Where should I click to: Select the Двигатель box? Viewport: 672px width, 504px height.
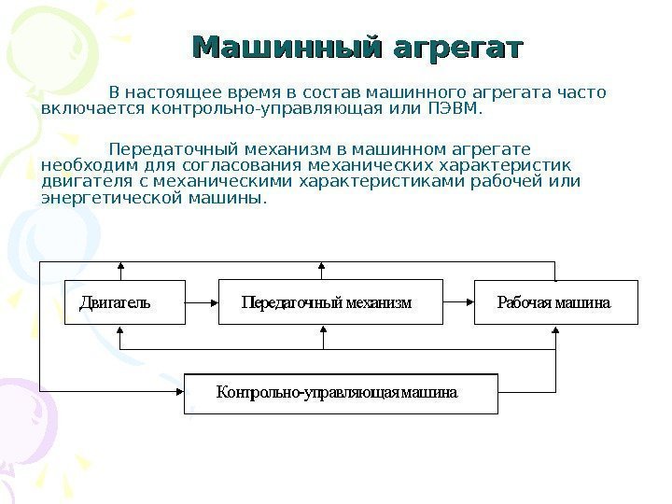(123, 302)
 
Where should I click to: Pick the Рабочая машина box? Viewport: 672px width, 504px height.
(555, 302)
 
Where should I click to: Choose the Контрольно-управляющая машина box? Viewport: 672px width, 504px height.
(341, 393)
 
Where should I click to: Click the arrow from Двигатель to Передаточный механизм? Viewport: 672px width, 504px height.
(202, 302)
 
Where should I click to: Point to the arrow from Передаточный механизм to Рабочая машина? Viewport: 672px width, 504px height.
(457, 302)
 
